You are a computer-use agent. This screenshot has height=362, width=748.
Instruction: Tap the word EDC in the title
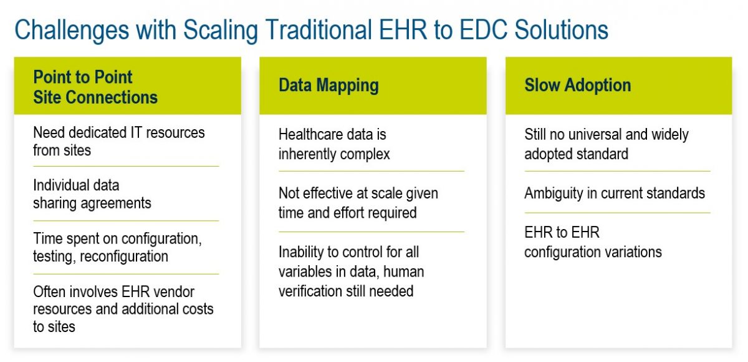(484, 29)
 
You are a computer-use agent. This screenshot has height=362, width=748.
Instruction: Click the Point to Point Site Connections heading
(95, 87)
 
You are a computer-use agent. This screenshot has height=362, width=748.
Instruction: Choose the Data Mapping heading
(328, 86)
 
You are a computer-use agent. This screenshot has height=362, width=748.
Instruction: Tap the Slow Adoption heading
(578, 85)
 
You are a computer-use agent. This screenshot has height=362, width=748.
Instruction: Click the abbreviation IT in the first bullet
(137, 133)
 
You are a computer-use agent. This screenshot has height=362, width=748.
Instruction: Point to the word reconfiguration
(124, 257)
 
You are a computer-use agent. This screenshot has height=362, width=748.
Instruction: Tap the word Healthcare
(306, 134)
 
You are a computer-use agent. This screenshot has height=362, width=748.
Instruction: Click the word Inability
(300, 252)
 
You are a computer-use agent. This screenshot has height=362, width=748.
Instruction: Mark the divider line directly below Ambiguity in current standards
(618, 213)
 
